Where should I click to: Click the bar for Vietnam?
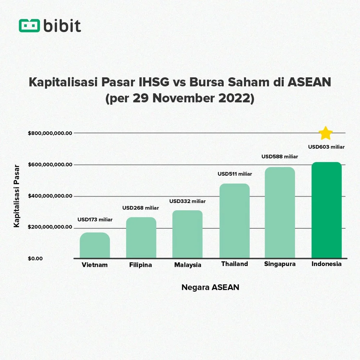coord(95,246)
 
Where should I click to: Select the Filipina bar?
coord(141,238)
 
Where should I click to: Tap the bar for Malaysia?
coord(188,234)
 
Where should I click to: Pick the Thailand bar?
coord(234,221)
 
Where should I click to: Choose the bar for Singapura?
coord(280,213)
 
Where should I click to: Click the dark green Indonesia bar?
coord(327,210)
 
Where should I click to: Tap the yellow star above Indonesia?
coord(326,134)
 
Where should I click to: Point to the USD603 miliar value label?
coord(327,147)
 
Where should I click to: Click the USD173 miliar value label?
coord(95,220)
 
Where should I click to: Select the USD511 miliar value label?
coord(235,174)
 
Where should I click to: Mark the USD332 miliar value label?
coord(188,201)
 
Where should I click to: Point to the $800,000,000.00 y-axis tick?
coord(50,133)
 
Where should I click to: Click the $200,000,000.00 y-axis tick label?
coord(50,228)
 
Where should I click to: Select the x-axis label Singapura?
coord(280,264)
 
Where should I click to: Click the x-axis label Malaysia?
coord(188,265)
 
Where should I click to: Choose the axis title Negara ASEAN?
coord(210,287)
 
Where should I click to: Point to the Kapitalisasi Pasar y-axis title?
coord(16,196)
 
